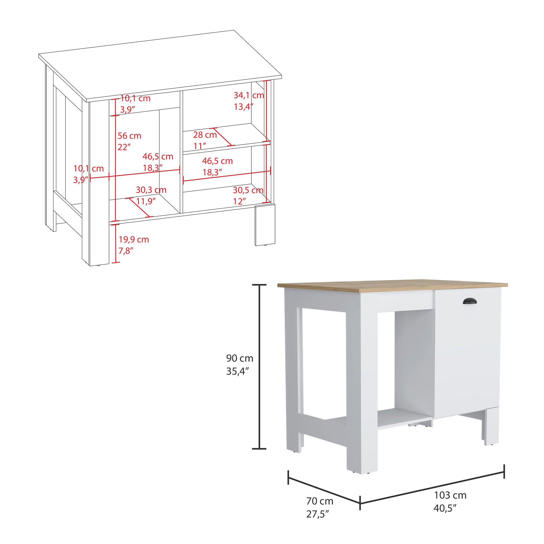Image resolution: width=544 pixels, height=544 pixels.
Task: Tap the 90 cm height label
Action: click(x=240, y=358)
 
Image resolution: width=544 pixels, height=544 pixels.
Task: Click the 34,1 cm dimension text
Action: click(x=248, y=95)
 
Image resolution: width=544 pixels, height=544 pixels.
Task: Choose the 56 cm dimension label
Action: click(x=129, y=136)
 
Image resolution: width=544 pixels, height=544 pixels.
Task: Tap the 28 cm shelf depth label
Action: click(x=205, y=135)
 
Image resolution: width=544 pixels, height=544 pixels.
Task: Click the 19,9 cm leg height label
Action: click(x=133, y=239)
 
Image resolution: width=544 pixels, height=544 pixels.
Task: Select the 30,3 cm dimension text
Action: click(x=151, y=190)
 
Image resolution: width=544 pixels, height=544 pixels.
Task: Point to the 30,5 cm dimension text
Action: click(x=248, y=190)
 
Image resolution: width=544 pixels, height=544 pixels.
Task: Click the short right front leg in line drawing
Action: click(x=265, y=225)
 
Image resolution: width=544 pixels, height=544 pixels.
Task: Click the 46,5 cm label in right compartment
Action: click(x=217, y=161)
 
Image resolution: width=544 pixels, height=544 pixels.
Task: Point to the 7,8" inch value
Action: click(x=126, y=250)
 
